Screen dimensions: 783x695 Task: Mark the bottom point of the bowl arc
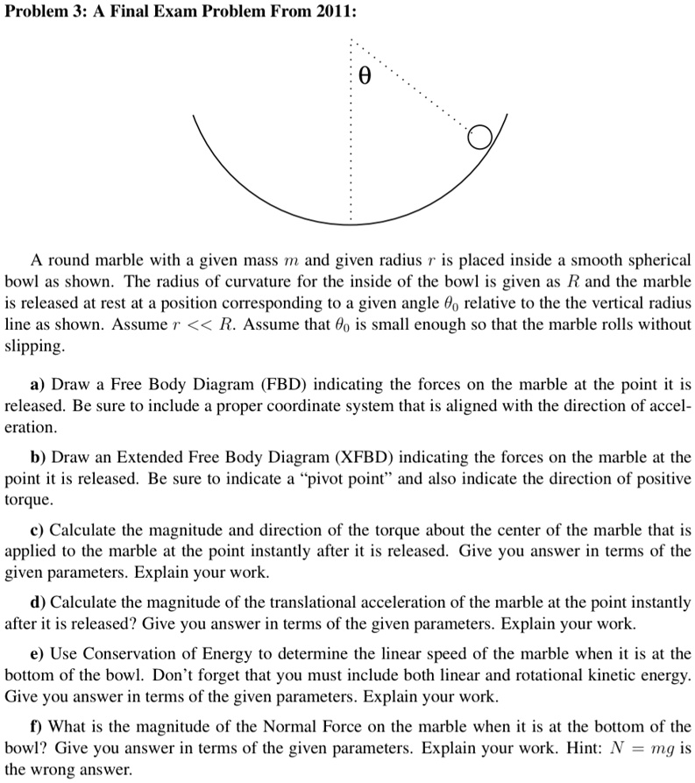click(351, 224)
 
